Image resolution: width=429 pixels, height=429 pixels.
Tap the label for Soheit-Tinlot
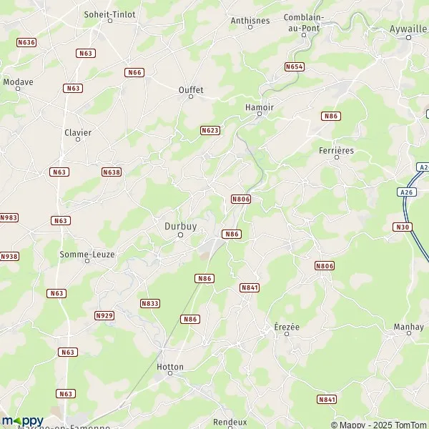coord(109,13)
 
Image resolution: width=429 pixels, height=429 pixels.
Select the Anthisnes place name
coord(250,21)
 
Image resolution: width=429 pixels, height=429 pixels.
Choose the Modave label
coord(18,82)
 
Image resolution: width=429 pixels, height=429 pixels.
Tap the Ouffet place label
coord(191,90)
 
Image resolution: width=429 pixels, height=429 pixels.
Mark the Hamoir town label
coord(260,107)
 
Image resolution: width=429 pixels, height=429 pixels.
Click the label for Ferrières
coord(336,151)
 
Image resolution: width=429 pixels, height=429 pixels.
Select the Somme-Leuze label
coord(87,255)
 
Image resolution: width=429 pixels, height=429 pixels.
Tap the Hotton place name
coord(170,367)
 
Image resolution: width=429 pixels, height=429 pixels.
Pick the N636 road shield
coord(26,42)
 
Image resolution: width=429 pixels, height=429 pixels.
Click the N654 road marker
coord(294,66)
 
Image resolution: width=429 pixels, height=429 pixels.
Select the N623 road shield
coord(209,130)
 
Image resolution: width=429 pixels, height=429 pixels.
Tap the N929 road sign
coord(104,315)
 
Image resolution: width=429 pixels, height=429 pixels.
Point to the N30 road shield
coord(403,227)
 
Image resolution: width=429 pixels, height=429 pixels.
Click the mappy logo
coord(22,420)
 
